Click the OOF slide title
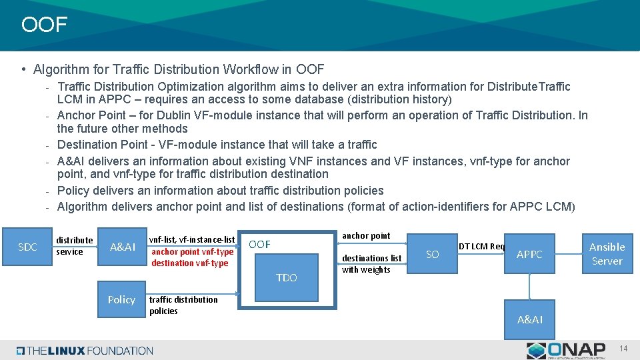(x=44, y=25)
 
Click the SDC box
(x=27, y=247)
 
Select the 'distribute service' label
(x=74, y=246)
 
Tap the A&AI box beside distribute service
(x=123, y=247)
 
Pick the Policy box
(x=121, y=300)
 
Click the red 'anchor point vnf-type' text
(x=192, y=251)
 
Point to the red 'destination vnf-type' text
(x=189, y=263)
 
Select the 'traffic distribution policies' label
(x=183, y=305)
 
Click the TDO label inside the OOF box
(x=287, y=277)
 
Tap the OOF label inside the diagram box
(x=259, y=245)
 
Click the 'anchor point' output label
(x=366, y=235)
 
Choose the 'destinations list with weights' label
(x=371, y=264)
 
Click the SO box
(x=433, y=254)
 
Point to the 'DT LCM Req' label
(x=482, y=246)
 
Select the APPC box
(x=529, y=254)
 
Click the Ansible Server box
(x=607, y=254)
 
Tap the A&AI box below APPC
(x=530, y=320)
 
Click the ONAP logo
(x=566, y=350)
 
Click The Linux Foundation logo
(x=85, y=351)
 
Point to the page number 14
(x=623, y=349)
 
